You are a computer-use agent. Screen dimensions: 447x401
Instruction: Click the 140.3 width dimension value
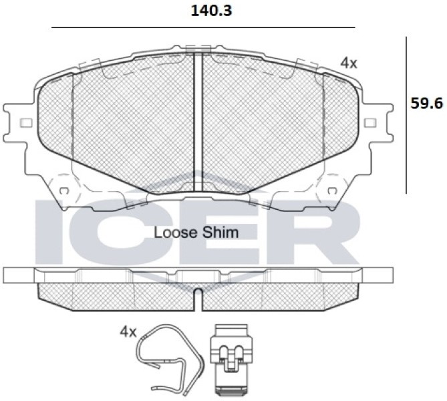(211, 11)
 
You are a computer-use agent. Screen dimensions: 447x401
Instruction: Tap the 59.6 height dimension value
(427, 103)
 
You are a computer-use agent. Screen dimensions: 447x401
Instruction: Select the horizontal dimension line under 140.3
(203, 27)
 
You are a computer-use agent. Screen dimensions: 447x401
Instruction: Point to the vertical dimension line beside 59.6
(406, 115)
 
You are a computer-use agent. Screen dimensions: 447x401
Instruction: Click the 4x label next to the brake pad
(349, 63)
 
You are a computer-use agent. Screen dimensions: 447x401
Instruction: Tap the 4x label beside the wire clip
(128, 332)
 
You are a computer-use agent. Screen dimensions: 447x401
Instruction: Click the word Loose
(176, 233)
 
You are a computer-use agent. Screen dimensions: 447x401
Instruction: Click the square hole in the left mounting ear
(26, 123)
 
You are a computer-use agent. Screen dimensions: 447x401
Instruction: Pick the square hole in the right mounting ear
(371, 123)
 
